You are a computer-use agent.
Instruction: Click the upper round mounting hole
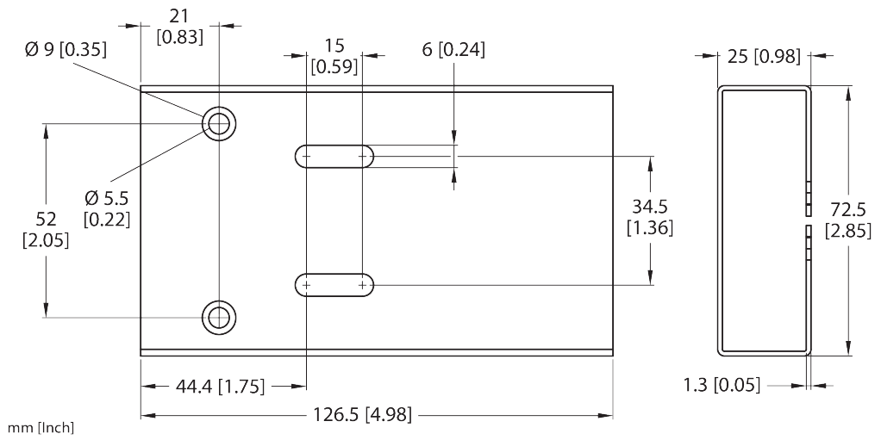[x=219, y=124]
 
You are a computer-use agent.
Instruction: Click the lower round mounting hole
[x=219, y=317]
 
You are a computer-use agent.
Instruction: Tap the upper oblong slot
[x=334, y=156]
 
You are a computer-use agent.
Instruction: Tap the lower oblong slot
[x=334, y=284]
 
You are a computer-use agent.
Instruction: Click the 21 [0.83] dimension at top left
[x=179, y=28]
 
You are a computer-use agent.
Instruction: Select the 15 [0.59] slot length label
[x=334, y=56]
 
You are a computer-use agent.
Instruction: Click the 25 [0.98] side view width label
[x=765, y=57]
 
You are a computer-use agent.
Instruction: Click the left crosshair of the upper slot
[x=307, y=156]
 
